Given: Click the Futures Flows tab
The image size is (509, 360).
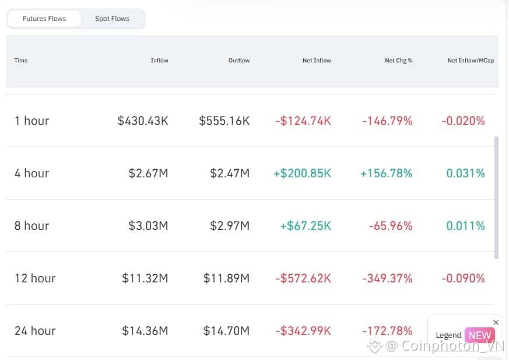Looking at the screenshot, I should pos(44,19).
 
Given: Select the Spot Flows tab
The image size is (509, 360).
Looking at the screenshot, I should pos(112,19).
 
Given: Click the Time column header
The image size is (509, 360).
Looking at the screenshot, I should pos(21,61).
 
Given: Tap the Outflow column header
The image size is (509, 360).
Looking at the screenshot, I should pos(238,61).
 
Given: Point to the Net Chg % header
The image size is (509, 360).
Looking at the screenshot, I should pos(398,61).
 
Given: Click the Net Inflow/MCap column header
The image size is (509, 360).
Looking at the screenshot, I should pos(471,61).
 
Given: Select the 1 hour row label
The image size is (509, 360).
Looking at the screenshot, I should pos(32,121).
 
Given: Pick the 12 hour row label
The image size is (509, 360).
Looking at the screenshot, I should pos(35,278).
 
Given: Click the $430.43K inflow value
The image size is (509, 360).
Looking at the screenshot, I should pos(143,121).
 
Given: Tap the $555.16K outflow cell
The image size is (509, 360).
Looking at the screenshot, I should pos(224,121).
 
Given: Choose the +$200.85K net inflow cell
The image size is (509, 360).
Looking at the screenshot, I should pos(302,173).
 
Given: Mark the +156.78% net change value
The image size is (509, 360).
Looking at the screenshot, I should pos(387,173).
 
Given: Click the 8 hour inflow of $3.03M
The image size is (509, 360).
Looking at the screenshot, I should pos(148,226).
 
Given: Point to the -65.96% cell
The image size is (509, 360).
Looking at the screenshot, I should pos(390,226).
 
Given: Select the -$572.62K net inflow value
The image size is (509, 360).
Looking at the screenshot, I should pos(303,278).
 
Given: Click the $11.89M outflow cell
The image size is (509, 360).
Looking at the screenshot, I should pos(226,278).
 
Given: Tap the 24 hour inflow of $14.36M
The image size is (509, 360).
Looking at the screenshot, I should pos(145,331).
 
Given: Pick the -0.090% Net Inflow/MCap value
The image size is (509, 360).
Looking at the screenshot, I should pos(463,278).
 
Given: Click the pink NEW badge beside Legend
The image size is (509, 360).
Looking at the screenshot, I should pos(479,335).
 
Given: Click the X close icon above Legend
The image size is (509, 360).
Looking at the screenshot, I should pos(496,323).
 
